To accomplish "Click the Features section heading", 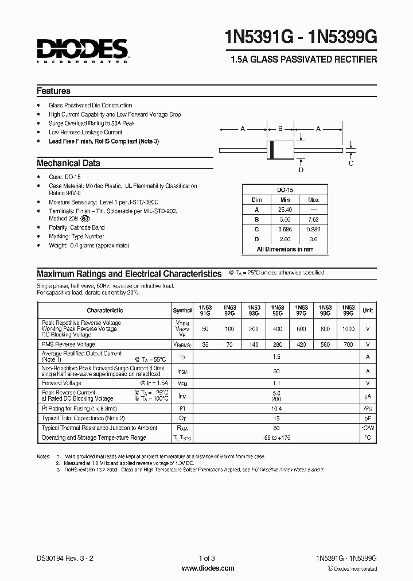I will click(53, 91).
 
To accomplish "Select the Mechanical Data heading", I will click(68, 163).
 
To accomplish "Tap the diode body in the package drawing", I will click(280, 150).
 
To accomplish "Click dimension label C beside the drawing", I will click(351, 163).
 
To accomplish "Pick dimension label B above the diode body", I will click(280, 129).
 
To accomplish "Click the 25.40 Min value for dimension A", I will click(285, 210).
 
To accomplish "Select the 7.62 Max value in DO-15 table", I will click(314, 220).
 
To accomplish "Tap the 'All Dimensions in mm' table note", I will click(285, 249).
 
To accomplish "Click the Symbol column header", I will click(182, 310).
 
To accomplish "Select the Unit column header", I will click(368, 310).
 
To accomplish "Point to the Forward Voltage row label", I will click(61, 382).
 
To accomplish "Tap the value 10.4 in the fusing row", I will click(277, 408).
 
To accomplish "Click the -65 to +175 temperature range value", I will click(277, 437).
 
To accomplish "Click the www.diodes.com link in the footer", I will click(207, 568).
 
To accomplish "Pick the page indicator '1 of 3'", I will click(207, 559).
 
